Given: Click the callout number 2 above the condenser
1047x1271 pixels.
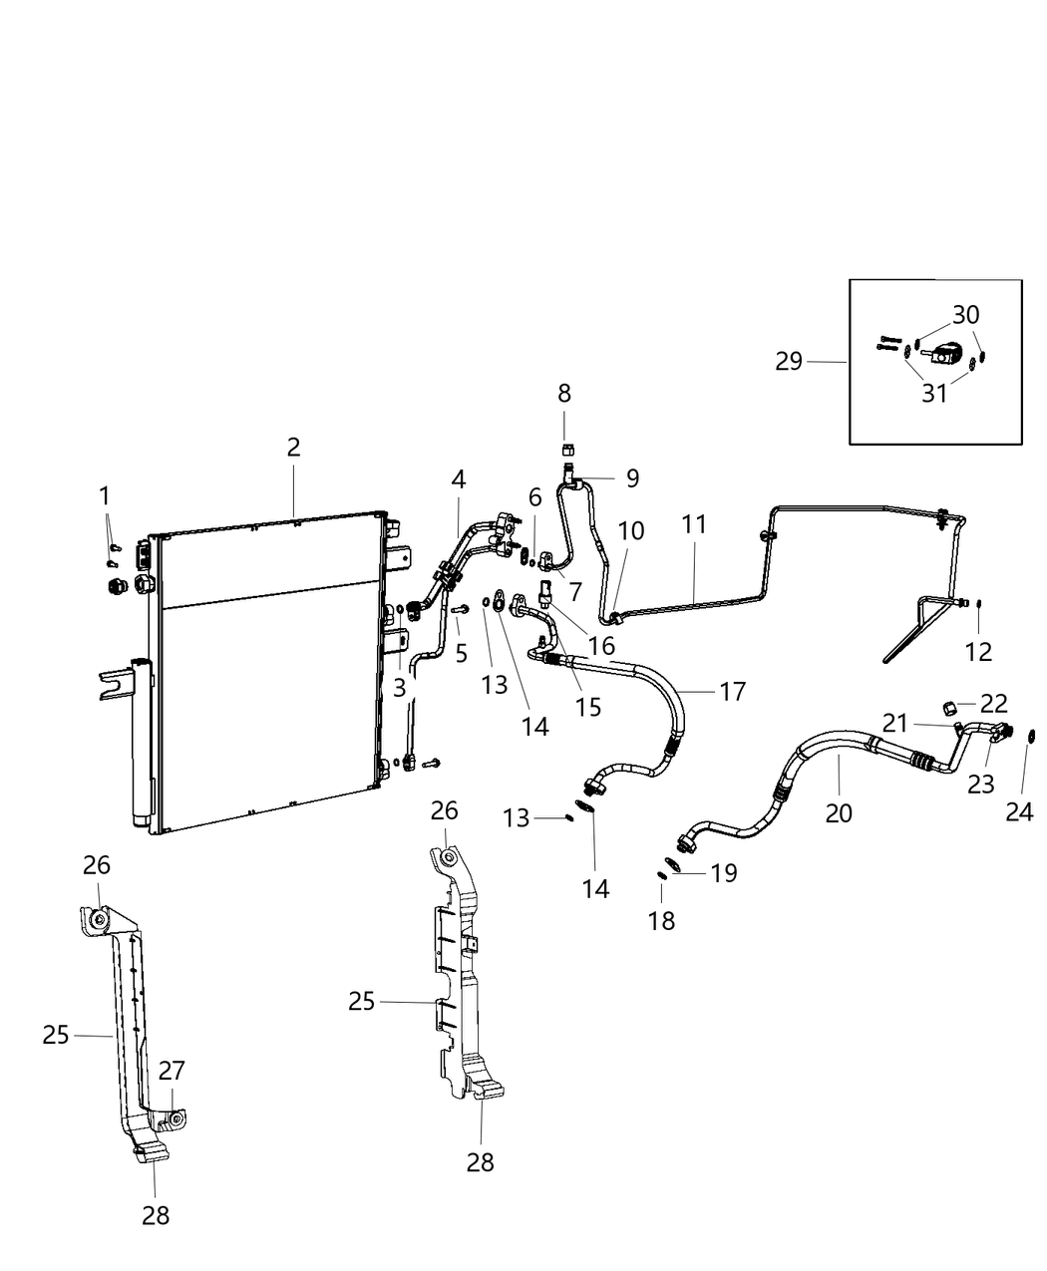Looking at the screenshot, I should click(x=293, y=448).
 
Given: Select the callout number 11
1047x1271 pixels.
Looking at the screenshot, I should click(x=694, y=524).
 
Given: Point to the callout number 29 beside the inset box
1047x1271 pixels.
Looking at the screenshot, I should click(x=789, y=361).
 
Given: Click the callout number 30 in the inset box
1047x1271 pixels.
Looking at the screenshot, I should click(x=965, y=316).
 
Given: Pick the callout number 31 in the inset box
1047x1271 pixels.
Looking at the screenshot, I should click(x=934, y=394).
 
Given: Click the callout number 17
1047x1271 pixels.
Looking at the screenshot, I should click(x=732, y=691).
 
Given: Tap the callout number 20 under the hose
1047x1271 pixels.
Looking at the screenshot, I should click(x=839, y=813).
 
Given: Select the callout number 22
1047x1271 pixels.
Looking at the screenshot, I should click(x=994, y=703).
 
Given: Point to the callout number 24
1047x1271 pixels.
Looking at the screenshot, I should click(x=1019, y=812).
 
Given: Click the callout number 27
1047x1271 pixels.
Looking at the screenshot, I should click(x=172, y=1071).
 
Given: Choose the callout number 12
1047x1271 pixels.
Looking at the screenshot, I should click(x=978, y=652).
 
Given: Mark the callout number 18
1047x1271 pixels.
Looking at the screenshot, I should click(x=661, y=920).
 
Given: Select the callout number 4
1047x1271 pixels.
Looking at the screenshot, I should click(x=458, y=478).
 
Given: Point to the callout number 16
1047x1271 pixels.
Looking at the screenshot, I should click(x=601, y=645).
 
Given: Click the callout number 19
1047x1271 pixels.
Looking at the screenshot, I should click(x=723, y=873).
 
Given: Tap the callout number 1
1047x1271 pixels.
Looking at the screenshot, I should click(x=105, y=495).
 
